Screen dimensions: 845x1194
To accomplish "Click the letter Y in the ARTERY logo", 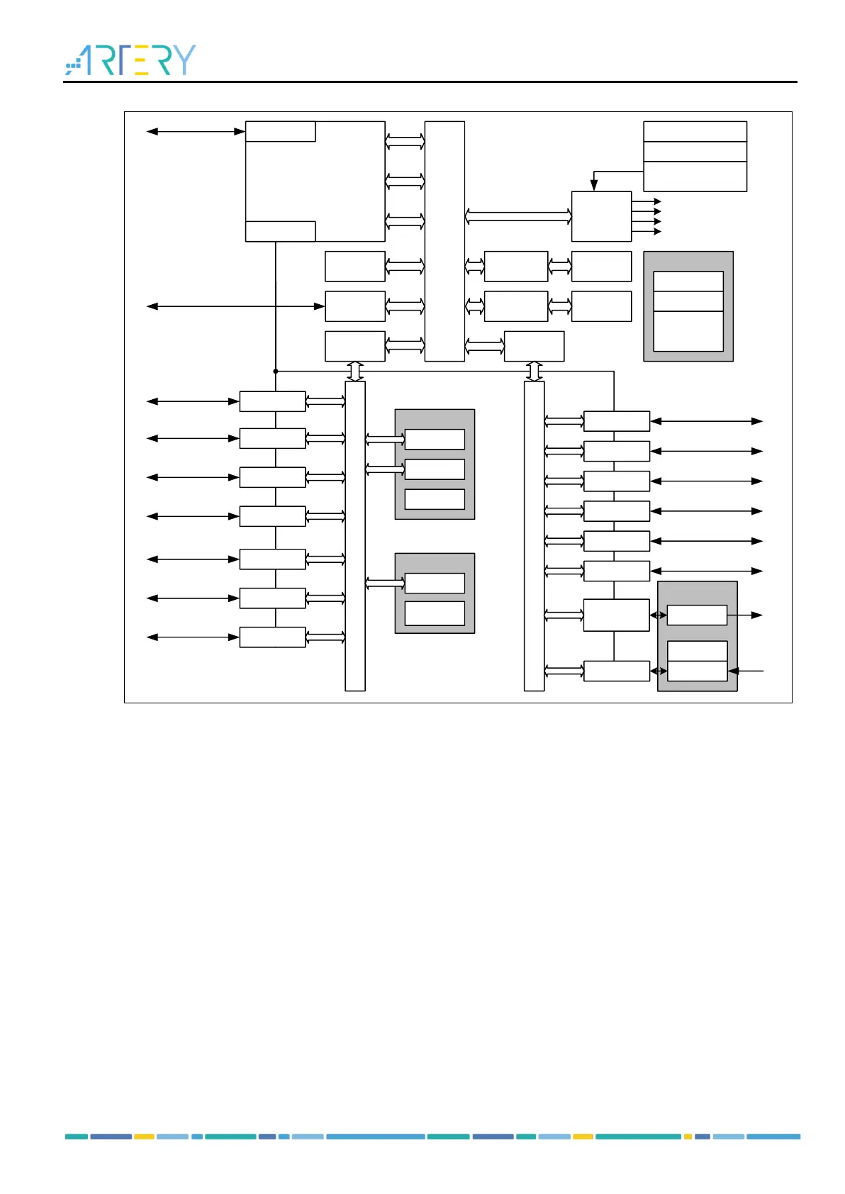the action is (x=184, y=60).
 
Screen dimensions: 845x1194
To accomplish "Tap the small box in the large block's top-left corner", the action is (x=280, y=131).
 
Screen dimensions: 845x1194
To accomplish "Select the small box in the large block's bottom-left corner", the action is (x=280, y=231).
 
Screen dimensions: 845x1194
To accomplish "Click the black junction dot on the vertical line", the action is (x=275, y=371).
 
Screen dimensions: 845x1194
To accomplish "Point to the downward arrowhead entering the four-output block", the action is (x=594, y=185).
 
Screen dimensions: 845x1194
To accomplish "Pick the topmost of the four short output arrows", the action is (x=647, y=201).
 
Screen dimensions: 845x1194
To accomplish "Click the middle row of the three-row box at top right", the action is (x=695, y=151).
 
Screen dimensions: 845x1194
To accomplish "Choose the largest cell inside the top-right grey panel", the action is (x=688, y=331).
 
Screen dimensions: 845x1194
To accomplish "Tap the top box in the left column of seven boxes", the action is (x=272, y=401).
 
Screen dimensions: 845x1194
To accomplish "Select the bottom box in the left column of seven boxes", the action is (x=272, y=637).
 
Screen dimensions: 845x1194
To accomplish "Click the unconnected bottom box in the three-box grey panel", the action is (x=435, y=498).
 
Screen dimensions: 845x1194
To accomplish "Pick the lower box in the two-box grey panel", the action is (x=435, y=613).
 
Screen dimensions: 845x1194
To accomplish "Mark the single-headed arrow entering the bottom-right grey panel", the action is (x=746, y=670).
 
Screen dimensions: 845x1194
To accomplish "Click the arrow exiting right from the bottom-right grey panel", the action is (x=746, y=615).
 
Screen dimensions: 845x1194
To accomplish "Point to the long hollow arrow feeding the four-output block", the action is (x=518, y=216).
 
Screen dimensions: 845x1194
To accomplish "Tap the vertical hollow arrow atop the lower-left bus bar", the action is (x=355, y=371).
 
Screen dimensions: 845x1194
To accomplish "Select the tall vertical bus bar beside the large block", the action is (x=444, y=241).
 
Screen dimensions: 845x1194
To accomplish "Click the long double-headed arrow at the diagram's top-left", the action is (x=195, y=131).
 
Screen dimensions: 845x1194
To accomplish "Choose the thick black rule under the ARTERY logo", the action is (x=430, y=82).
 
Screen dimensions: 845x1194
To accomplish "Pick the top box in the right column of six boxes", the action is (x=616, y=421).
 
